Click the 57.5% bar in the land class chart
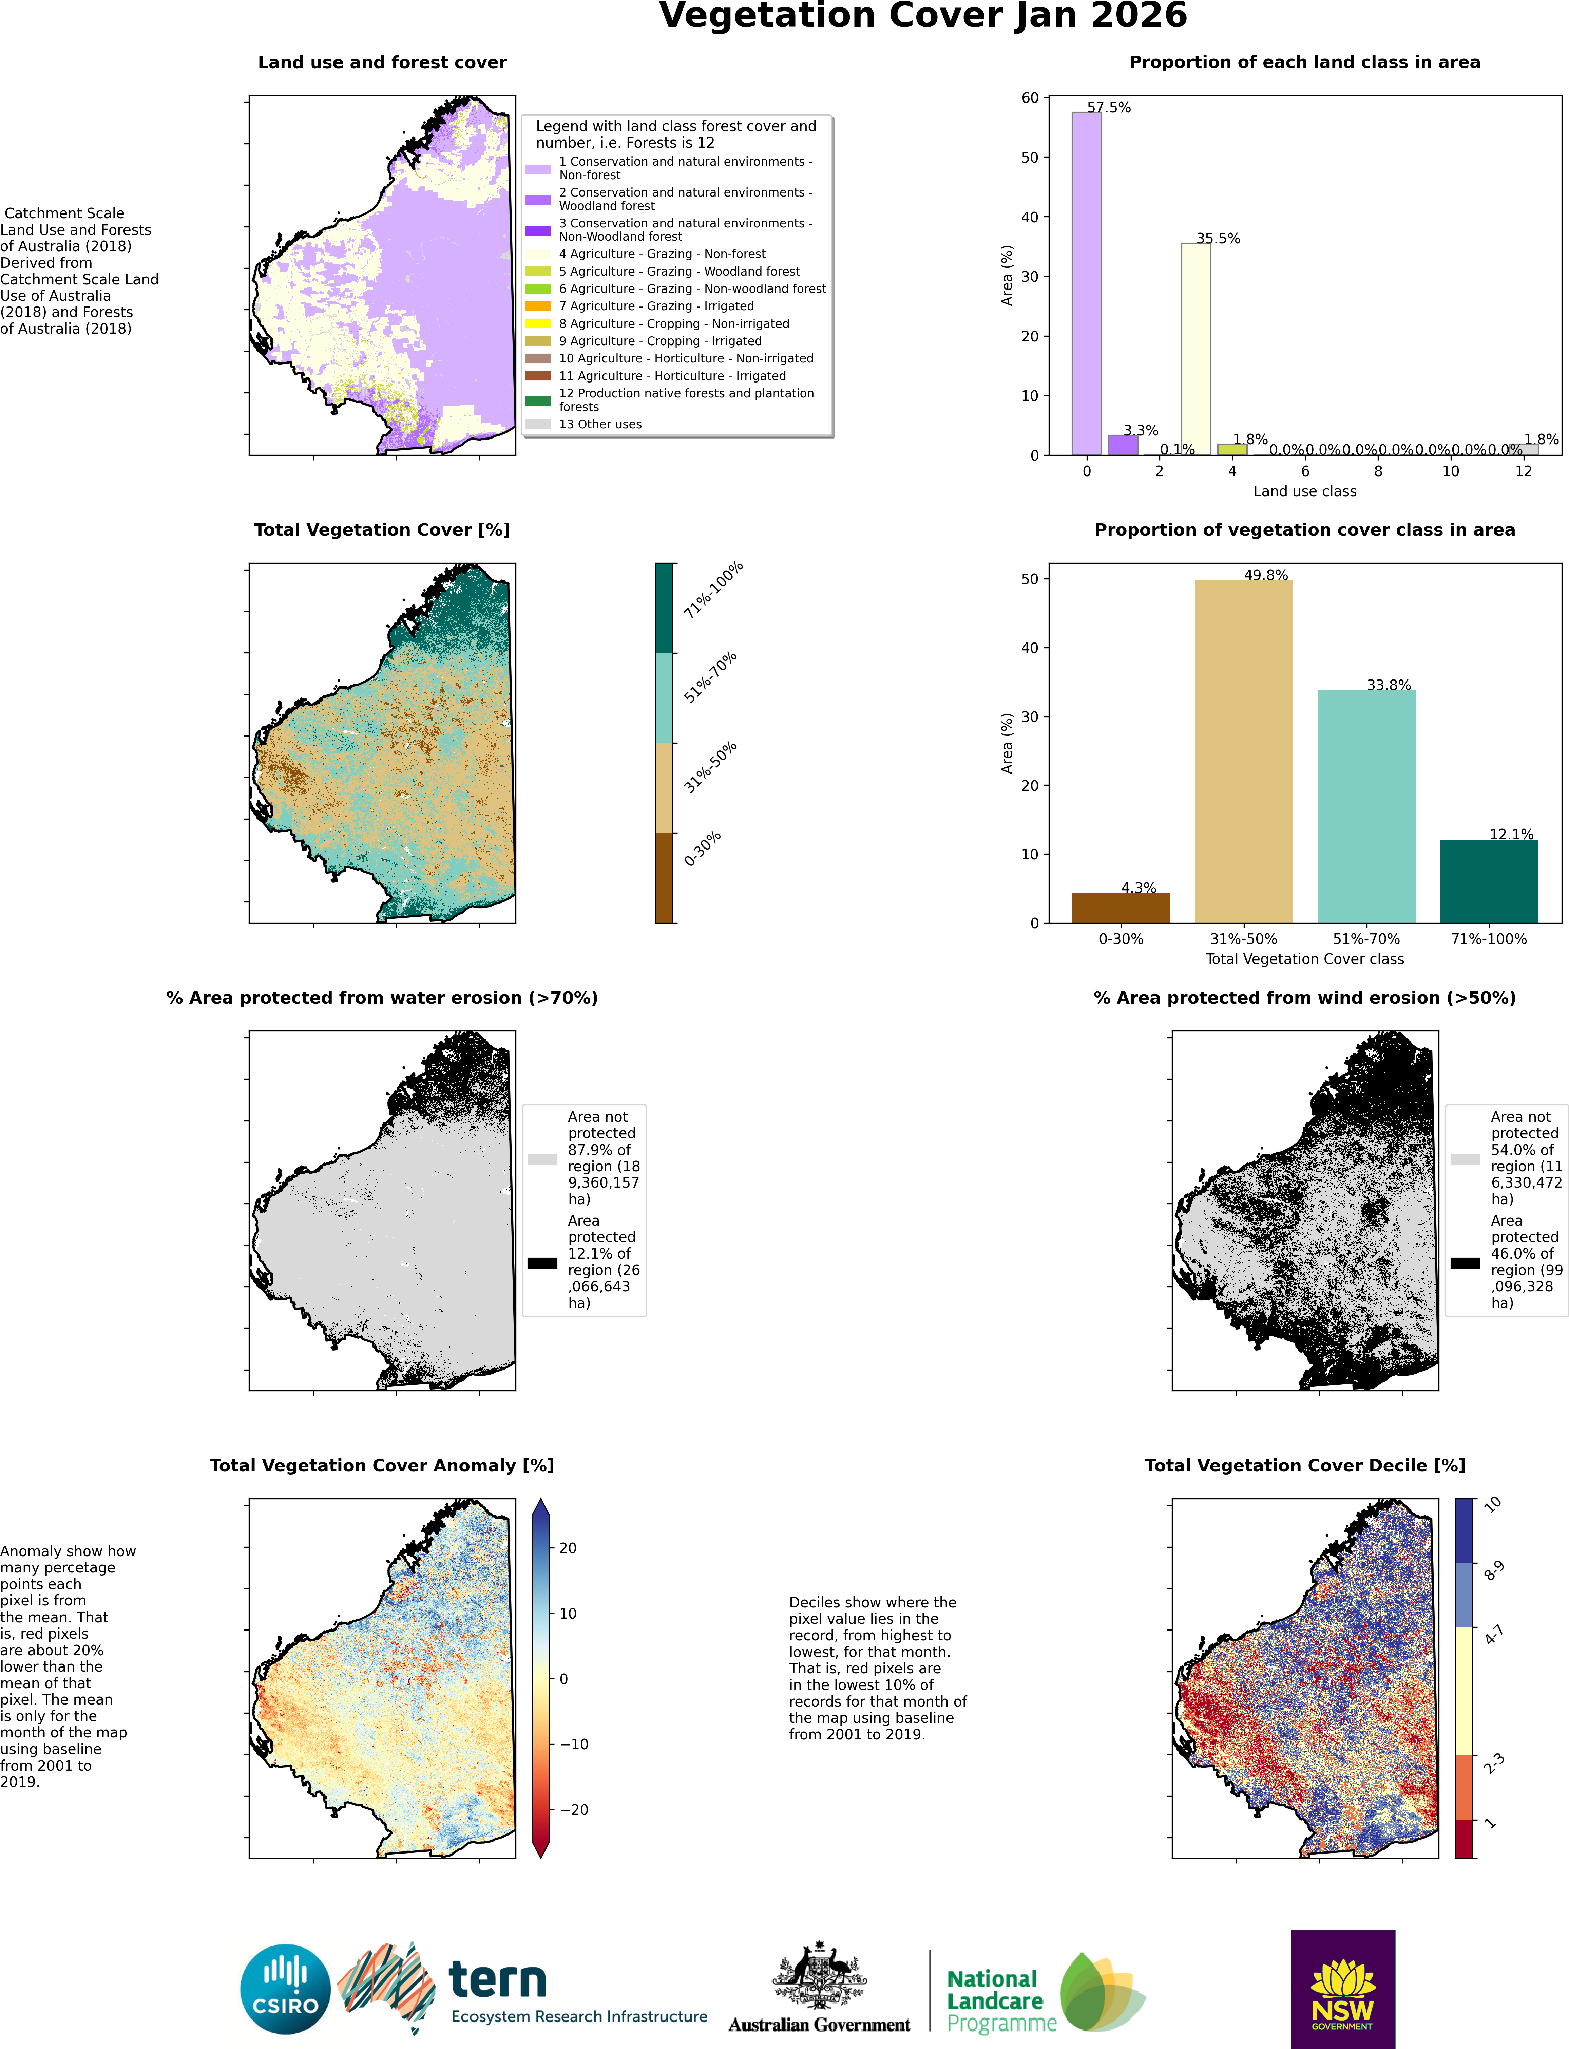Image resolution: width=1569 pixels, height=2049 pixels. pos(1086,283)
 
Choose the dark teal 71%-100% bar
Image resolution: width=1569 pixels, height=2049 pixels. pos(1489,881)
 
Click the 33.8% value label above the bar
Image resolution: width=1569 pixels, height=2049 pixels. pos(1389,685)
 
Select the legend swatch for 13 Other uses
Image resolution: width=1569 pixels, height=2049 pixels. pos(538,424)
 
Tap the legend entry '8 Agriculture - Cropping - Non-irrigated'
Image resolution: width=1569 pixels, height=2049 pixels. pos(674,323)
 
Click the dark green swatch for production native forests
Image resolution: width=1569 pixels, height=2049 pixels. pos(538,401)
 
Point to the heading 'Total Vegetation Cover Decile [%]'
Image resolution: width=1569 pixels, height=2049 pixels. pos(1305,1465)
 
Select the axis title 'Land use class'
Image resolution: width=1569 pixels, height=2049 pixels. pos(1305,491)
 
